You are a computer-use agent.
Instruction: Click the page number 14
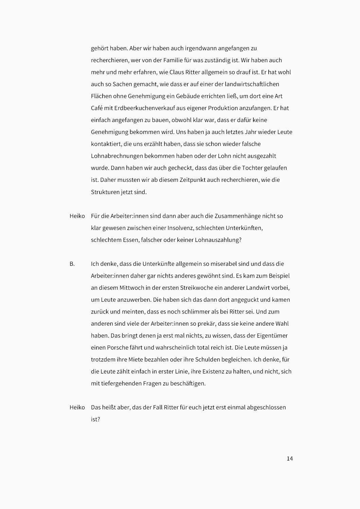pos(290,459)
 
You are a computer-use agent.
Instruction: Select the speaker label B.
pos(72,264)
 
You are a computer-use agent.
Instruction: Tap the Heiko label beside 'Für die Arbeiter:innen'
pos(77,216)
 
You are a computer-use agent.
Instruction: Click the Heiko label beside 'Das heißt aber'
pos(77,408)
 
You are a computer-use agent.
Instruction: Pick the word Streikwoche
pos(197,288)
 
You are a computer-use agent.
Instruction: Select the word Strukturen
pos(105,192)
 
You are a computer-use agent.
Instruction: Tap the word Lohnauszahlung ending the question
pos(218,240)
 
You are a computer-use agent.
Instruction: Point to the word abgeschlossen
pos(265,408)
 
